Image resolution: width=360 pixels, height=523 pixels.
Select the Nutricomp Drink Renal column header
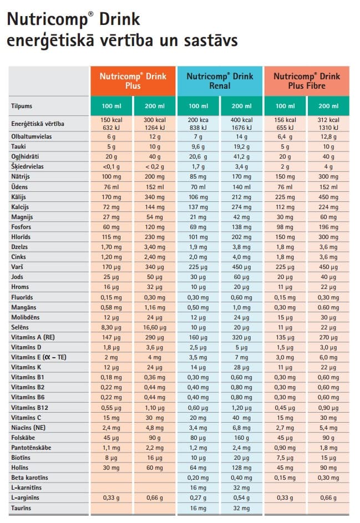pyautogui.click(x=220, y=81)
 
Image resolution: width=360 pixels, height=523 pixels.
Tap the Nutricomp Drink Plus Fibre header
pyautogui.click(x=307, y=81)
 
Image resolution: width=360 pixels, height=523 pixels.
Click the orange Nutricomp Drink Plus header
pyautogui.click(x=133, y=81)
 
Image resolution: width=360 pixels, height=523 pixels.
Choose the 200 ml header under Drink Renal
pyautogui.click(x=241, y=106)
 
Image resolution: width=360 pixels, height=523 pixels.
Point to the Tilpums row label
pyautogui.click(x=22, y=106)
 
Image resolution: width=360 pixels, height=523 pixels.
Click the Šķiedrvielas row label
pyautogui.click(x=27, y=166)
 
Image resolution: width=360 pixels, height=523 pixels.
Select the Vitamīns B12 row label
pyautogui.click(x=29, y=408)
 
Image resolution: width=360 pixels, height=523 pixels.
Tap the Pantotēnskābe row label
pyautogui.click(x=31, y=448)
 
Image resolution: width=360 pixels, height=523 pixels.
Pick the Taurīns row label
pyautogui.click(x=21, y=508)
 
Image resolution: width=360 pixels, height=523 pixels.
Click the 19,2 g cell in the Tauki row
pyautogui.click(x=241, y=147)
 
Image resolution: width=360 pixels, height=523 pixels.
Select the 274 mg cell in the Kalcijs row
pyautogui.click(x=241, y=207)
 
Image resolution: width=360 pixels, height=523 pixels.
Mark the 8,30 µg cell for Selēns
pyautogui.click(x=111, y=328)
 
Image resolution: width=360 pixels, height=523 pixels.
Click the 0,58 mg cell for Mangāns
pyautogui.click(x=111, y=307)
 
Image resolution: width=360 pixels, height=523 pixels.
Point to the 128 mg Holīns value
pyautogui.click(x=241, y=468)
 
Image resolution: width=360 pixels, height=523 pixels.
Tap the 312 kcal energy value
pyautogui.click(x=328, y=120)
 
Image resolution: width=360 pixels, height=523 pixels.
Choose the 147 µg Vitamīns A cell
pyautogui.click(x=111, y=338)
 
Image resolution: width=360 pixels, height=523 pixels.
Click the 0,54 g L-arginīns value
pyautogui.click(x=241, y=498)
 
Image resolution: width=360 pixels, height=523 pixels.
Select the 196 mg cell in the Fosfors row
pyautogui.click(x=328, y=227)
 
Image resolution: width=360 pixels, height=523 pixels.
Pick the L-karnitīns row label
pyautogui.click(x=27, y=488)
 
